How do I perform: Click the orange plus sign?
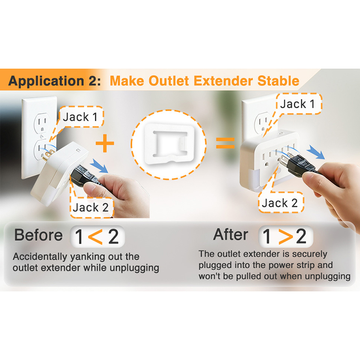coord(105,143)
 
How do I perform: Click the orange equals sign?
coord(225,143)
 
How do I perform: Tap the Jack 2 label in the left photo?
coord(91,207)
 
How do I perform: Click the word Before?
coord(38,235)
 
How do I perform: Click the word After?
coord(230,234)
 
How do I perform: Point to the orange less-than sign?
coord(95,237)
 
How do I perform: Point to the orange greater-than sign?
coord(286,237)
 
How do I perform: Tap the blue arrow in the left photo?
coord(99,165)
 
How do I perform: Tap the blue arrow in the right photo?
coord(316,152)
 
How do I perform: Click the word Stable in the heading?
coord(278,81)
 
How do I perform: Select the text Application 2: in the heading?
coord(54,81)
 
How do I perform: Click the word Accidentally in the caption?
coord(40,257)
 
